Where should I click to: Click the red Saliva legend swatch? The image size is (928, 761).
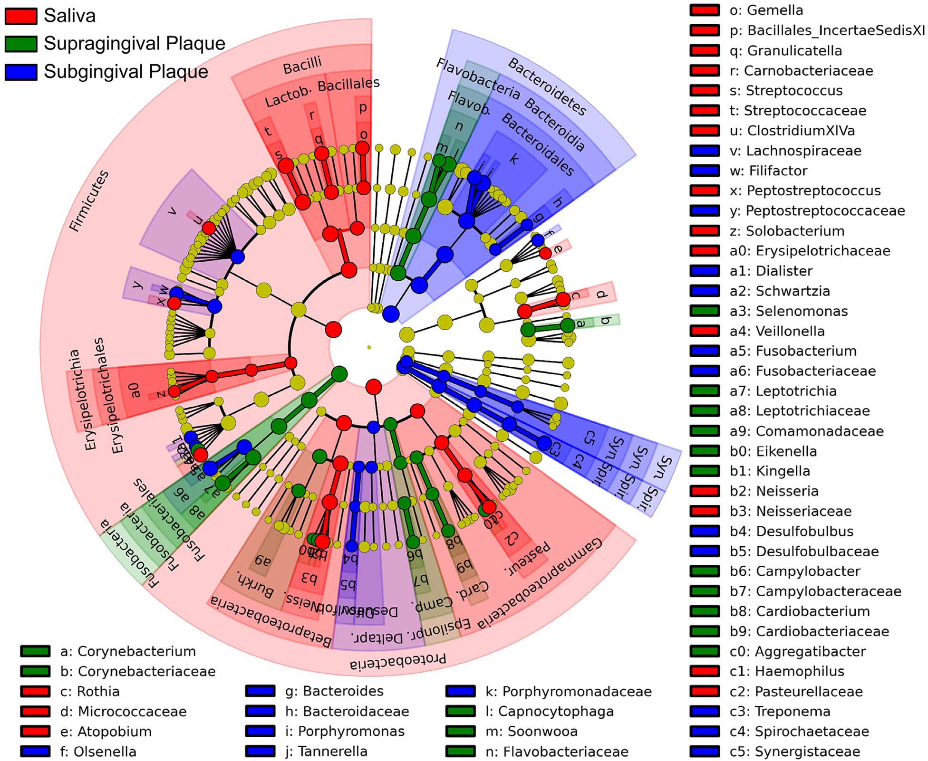click(21, 16)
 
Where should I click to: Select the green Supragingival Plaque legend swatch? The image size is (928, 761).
click(21, 44)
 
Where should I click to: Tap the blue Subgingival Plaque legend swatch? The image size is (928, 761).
click(21, 72)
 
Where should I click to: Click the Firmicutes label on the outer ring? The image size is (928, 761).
click(89, 201)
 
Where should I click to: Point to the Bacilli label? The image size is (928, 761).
click(302, 66)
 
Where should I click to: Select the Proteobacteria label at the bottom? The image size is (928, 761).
click(398, 661)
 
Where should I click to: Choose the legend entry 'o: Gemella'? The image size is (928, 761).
click(766, 10)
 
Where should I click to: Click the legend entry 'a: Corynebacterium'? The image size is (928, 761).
click(128, 651)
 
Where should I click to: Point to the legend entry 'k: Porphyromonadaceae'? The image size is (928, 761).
click(568, 691)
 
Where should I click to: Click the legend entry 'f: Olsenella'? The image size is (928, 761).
click(98, 751)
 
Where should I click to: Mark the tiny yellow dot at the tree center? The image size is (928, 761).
click(369, 347)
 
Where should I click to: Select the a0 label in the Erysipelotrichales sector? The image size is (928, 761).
click(135, 390)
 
